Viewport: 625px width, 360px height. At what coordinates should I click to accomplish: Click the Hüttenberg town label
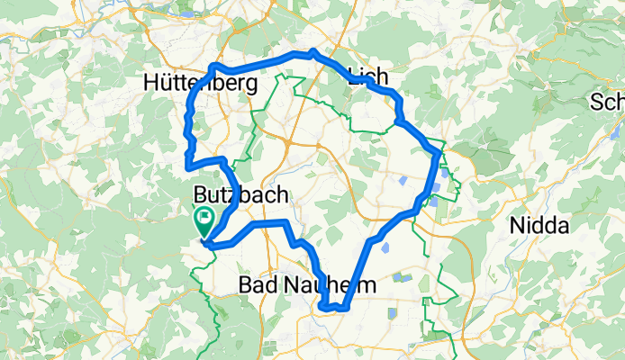(200, 84)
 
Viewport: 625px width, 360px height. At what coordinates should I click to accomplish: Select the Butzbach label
(240, 194)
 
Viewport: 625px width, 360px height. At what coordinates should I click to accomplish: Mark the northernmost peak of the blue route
(312, 52)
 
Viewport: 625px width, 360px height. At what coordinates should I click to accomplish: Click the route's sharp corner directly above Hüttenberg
(213, 66)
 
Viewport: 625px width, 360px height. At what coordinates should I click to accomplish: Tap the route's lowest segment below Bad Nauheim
(333, 309)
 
